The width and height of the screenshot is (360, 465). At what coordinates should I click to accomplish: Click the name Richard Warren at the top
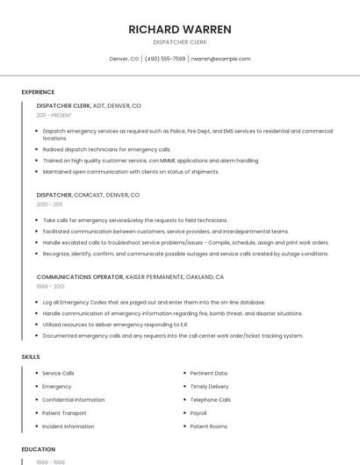click(x=179, y=30)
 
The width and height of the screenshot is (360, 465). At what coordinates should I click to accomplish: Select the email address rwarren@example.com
click(x=220, y=59)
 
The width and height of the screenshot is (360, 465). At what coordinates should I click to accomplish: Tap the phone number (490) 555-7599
click(x=165, y=59)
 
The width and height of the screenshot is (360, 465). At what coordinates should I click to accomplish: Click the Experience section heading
click(x=38, y=92)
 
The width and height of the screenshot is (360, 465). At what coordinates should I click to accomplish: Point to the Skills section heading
click(x=31, y=357)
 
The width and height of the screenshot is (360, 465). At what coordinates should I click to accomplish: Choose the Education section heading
click(x=39, y=449)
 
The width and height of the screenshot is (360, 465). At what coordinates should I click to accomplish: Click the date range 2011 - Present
click(x=54, y=115)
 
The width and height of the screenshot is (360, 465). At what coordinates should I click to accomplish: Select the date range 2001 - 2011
click(x=49, y=204)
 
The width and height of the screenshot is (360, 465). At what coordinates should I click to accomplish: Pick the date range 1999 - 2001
click(x=50, y=286)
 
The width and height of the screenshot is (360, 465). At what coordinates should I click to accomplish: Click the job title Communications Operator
click(x=80, y=276)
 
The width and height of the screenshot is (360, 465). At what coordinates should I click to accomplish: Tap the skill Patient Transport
click(x=64, y=412)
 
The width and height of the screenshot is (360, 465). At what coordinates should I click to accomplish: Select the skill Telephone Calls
click(x=210, y=399)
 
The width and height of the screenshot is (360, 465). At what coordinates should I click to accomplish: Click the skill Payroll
click(x=198, y=412)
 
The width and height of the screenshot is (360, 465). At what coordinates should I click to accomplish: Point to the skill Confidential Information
click(x=73, y=399)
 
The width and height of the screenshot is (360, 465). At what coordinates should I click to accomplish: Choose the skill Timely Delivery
click(x=209, y=386)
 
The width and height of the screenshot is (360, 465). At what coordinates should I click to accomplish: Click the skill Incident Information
click(x=68, y=426)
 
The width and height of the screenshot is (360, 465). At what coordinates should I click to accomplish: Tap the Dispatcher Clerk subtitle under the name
click(x=179, y=41)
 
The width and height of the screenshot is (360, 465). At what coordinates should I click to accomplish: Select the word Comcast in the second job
click(x=91, y=194)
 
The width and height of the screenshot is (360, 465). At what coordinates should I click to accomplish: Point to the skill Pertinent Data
click(x=208, y=373)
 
